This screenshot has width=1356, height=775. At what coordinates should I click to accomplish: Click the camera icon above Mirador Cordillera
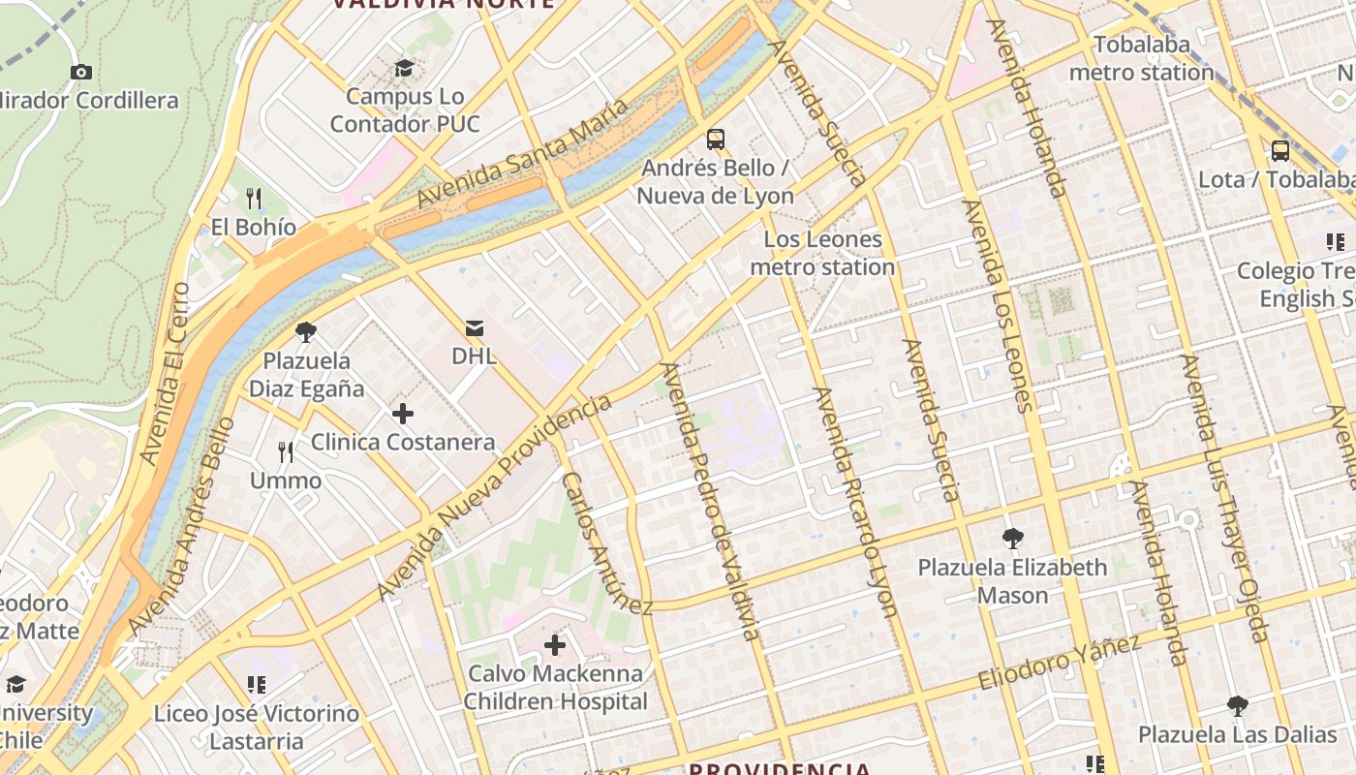[81, 72]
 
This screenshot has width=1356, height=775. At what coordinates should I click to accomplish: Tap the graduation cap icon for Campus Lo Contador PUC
[404, 68]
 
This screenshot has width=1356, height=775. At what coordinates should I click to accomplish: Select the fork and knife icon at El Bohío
[254, 199]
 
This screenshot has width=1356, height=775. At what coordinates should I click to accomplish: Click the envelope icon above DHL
[475, 327]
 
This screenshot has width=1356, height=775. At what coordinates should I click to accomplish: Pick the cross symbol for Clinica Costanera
[403, 415]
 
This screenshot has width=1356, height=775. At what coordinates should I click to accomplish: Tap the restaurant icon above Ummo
[286, 452]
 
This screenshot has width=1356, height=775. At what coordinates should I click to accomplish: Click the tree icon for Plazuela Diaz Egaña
[306, 332]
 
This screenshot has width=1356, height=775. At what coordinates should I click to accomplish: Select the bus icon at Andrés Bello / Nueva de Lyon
[716, 139]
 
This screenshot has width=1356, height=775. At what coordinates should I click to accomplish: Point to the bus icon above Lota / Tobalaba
[1280, 151]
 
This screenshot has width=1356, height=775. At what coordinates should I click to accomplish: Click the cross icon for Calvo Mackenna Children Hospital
[555, 645]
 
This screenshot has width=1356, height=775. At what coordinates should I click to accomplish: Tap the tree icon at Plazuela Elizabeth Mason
[1013, 539]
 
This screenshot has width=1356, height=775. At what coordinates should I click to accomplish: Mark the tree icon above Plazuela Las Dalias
[1237, 705]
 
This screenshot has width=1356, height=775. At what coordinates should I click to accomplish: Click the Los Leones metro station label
[822, 253]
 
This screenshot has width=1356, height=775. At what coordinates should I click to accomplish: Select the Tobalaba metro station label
[1141, 58]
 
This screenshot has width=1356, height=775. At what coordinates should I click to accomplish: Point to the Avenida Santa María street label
[523, 153]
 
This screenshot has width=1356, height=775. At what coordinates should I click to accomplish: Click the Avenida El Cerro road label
[166, 373]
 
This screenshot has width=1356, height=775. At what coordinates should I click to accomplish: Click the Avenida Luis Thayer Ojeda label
[1223, 498]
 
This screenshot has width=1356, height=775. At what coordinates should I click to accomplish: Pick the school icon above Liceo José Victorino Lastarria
[257, 686]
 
